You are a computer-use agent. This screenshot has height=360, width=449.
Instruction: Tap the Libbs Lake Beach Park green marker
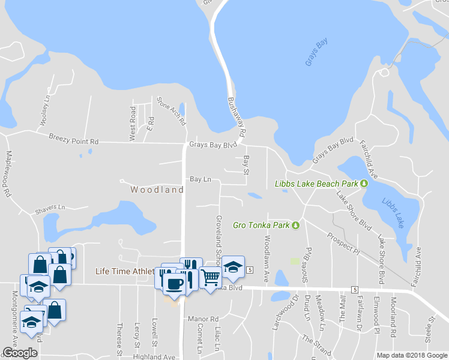click(364, 183)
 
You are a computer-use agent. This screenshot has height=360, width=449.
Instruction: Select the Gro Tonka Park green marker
click(295, 226)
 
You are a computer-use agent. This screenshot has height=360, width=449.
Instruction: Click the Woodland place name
click(157, 190)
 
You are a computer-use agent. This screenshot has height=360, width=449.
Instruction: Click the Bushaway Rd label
click(237, 116)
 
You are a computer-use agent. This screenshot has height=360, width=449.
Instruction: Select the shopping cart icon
click(209, 277)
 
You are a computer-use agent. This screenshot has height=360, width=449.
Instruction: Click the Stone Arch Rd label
click(172, 111)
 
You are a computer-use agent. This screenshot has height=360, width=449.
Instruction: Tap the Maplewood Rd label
click(8, 175)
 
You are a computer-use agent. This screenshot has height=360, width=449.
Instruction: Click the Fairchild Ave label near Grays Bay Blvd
click(369, 160)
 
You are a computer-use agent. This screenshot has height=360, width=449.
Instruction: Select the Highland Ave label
click(154, 356)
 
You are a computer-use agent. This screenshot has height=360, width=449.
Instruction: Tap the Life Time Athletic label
click(125, 271)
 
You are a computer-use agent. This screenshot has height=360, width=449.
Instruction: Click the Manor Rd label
click(202, 319)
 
